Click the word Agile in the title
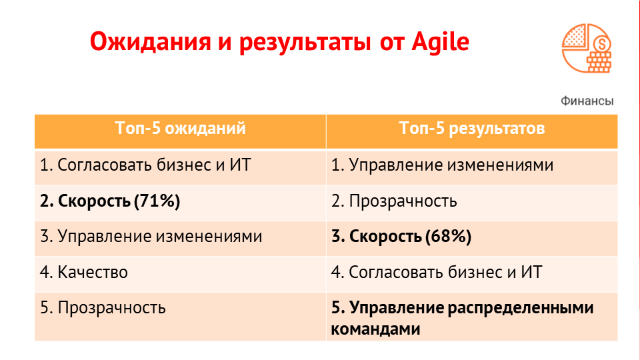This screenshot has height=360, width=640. tap(441, 41)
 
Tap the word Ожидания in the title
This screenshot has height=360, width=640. tap(150, 42)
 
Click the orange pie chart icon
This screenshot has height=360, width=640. tap(587, 48)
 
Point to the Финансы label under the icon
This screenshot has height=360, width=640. tap(587, 101)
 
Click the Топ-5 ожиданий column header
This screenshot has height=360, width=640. tap(181, 128)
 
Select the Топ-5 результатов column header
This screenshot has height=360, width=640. tap(472, 128)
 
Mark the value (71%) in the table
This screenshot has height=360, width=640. tap(157, 201)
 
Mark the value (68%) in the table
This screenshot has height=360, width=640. tap(449, 236)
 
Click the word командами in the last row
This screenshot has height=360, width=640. tap(375, 329)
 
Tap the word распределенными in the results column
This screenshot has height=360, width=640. tap(521, 308)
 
